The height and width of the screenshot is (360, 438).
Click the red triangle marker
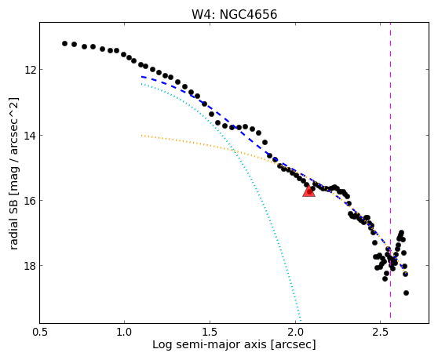point(308,191)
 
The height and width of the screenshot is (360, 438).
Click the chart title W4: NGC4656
point(235,15)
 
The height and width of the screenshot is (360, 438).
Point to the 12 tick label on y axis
point(30,70)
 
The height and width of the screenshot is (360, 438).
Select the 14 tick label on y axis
point(30,136)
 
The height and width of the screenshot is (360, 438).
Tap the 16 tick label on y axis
point(30,201)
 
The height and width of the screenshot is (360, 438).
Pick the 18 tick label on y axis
point(30,266)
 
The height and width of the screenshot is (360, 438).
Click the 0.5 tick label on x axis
point(40,332)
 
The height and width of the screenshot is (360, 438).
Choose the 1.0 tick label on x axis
point(124,332)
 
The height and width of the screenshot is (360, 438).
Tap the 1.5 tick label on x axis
point(210,332)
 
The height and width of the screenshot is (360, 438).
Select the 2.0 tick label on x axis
point(295,332)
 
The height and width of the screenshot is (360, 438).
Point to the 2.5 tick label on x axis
point(381,332)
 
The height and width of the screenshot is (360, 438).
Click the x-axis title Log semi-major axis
point(210,345)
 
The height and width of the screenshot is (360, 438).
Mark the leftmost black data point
point(64,44)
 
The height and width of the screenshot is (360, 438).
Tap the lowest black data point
point(406,293)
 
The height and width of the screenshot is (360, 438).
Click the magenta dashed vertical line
point(390,170)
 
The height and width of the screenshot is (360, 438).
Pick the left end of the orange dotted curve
point(141,136)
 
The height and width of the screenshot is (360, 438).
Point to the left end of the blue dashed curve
point(141,76)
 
